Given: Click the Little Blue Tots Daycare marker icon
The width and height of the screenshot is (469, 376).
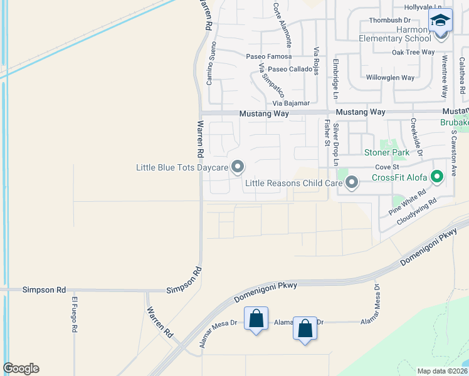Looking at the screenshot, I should pos(238,167).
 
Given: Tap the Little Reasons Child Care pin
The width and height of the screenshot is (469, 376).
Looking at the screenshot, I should pos(352,183).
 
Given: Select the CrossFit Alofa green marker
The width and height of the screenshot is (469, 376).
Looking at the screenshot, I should pos(439,177).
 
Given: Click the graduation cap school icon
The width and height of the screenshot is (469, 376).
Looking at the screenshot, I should pos(440,21).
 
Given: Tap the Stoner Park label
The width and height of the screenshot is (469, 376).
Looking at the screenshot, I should pos(387,152).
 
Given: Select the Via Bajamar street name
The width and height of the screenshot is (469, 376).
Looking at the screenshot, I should pos(291,103).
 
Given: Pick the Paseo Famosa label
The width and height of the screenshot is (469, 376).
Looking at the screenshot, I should pos(268,56).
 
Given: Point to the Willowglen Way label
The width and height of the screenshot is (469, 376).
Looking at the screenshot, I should pos(390,78).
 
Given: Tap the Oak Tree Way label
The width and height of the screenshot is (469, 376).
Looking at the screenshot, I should pos(413,53).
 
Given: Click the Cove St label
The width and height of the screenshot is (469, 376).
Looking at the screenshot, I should pos(387,167).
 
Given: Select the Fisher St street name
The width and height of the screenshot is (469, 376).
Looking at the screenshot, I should pos(327,133).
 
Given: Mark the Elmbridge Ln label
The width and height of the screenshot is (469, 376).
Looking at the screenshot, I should pos(335,79).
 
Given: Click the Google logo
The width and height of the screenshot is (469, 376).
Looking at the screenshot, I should pos(21,368).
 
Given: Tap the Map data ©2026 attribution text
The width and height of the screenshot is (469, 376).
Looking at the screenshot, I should pos(441,371).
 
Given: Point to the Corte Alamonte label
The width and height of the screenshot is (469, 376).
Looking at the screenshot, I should pos(282,25).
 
